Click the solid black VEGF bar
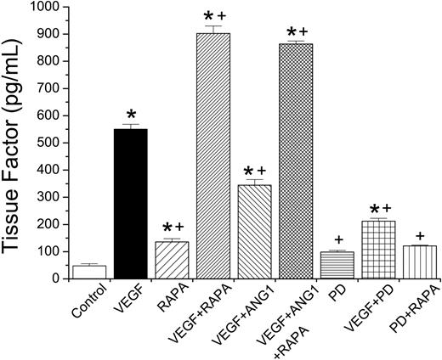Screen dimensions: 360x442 pos(131,204)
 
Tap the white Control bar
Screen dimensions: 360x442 pos(89,272)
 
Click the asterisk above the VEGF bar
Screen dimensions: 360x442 pos(131,114)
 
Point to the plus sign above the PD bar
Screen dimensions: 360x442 pos(338,241)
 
